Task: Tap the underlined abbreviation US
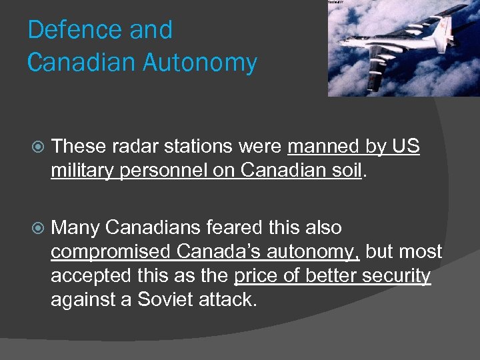click(406, 146)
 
